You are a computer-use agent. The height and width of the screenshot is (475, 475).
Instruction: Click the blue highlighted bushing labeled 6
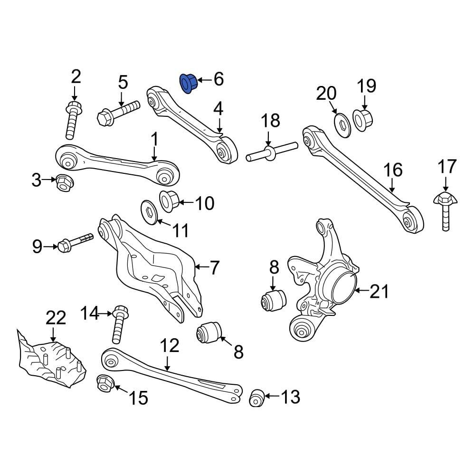point(189,84)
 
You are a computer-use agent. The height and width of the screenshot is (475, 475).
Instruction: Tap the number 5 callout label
point(123,82)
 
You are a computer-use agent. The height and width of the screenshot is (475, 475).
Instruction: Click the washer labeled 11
point(150,211)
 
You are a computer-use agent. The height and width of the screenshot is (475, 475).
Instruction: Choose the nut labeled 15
point(104,383)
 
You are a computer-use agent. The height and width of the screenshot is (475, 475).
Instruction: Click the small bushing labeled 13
point(257,398)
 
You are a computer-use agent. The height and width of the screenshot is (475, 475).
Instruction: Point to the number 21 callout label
point(380,291)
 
